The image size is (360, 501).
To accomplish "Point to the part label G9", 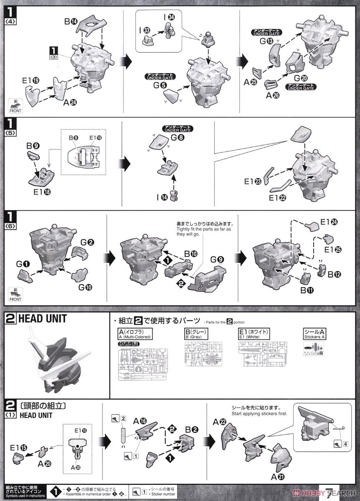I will [218, 259].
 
